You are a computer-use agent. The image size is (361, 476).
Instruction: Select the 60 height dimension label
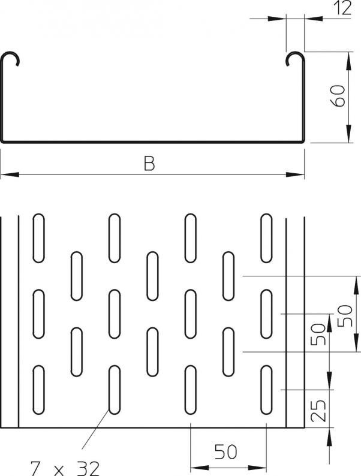coord(339,96)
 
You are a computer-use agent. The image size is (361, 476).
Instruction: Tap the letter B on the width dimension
coord(149,163)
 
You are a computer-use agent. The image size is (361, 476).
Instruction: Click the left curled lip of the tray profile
coord(13,58)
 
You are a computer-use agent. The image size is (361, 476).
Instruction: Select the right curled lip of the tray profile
coord(293,58)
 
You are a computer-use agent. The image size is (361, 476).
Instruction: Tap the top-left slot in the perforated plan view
coord(38,237)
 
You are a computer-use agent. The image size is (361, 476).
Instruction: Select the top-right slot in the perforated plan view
coord(267,237)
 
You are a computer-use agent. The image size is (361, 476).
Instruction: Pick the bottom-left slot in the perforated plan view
coord(38,390)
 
